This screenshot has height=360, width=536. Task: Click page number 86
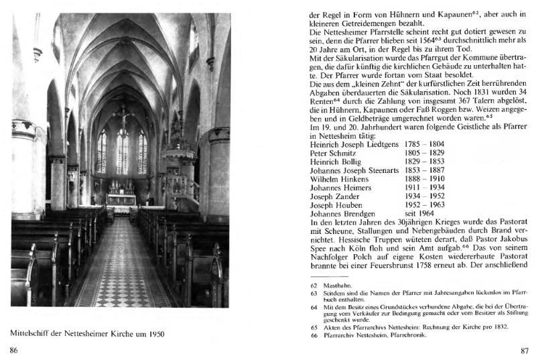[13, 351]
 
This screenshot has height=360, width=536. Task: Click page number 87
[525, 351]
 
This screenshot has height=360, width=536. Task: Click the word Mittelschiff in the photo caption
[34, 333]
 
